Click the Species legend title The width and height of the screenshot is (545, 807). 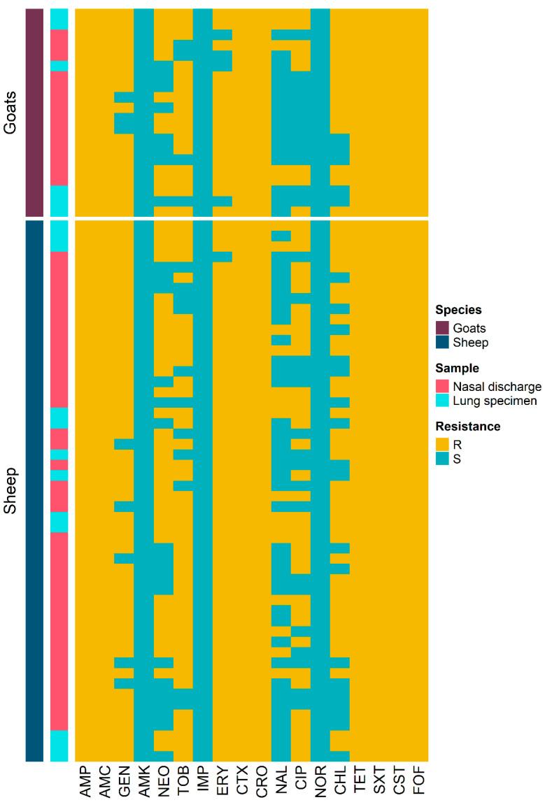pos(458,310)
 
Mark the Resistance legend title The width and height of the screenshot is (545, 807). pos(468,426)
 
